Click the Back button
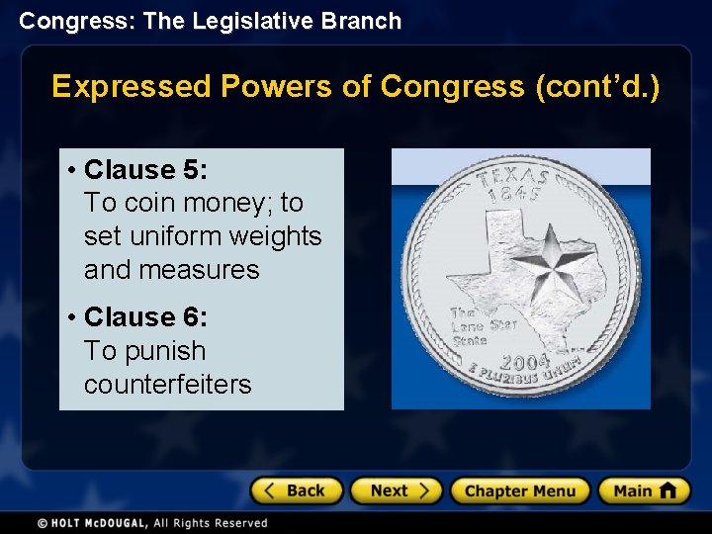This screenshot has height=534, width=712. pos(297,490)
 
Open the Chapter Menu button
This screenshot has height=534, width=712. pos(519,490)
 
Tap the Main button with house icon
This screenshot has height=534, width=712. pos(644,490)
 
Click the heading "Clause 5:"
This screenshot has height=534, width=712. pos(145,170)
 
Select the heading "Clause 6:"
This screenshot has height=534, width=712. pos(145,317)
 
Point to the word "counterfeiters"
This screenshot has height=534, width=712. pos(167,385)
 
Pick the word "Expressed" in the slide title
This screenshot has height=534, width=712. pos(132,87)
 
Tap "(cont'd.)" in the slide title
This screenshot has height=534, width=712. pos(596,87)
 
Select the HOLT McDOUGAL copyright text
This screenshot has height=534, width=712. pos(153,523)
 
